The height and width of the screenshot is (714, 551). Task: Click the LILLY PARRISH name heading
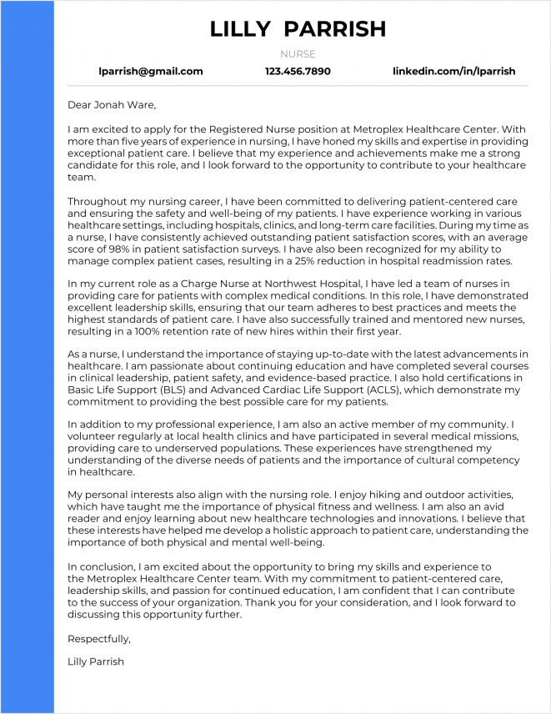[x=298, y=29]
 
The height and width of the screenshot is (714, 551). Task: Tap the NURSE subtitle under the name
[x=298, y=54]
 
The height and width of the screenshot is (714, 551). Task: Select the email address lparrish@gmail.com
[x=151, y=72]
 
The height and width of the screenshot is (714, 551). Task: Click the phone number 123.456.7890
[x=298, y=72]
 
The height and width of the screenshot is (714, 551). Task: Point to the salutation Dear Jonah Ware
[x=112, y=105]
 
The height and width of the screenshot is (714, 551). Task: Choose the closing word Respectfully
[x=99, y=640]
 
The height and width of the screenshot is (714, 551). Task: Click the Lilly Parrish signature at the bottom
[x=96, y=661]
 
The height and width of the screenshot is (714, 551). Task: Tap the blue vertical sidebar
[x=27, y=357]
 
